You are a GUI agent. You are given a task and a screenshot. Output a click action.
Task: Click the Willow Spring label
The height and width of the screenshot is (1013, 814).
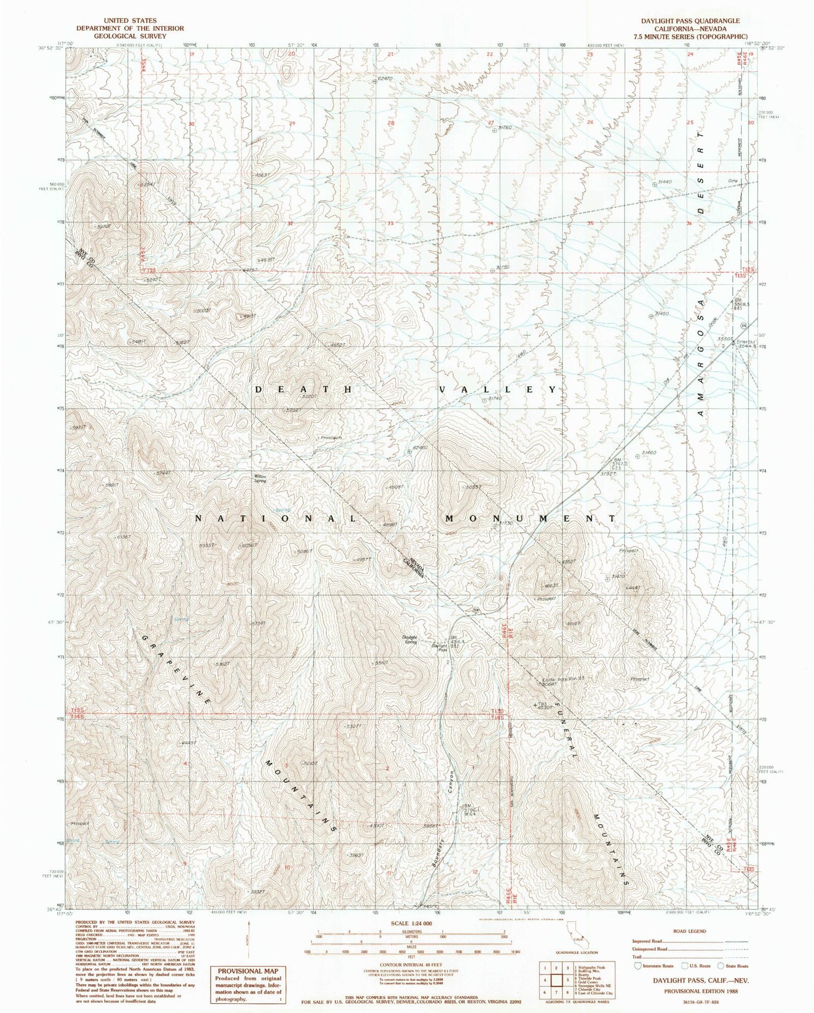click(260, 479)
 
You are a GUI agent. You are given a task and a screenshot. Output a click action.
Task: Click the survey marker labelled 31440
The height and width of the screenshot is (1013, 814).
click(654, 184)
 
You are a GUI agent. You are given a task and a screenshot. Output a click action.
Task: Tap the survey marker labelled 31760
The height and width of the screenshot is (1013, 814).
click(495, 131)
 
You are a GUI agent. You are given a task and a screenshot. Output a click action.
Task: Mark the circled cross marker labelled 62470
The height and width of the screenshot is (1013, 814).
click(374, 82)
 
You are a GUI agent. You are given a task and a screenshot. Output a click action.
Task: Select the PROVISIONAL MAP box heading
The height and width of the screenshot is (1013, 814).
click(247, 971)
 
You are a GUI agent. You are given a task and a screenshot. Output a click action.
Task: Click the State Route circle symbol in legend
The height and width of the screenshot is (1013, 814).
click(720, 966)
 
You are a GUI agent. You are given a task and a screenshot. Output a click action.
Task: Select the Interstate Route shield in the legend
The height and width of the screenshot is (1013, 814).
click(637, 966)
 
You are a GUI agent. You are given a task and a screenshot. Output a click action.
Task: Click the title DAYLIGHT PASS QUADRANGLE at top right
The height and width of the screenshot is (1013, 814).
click(690, 21)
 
